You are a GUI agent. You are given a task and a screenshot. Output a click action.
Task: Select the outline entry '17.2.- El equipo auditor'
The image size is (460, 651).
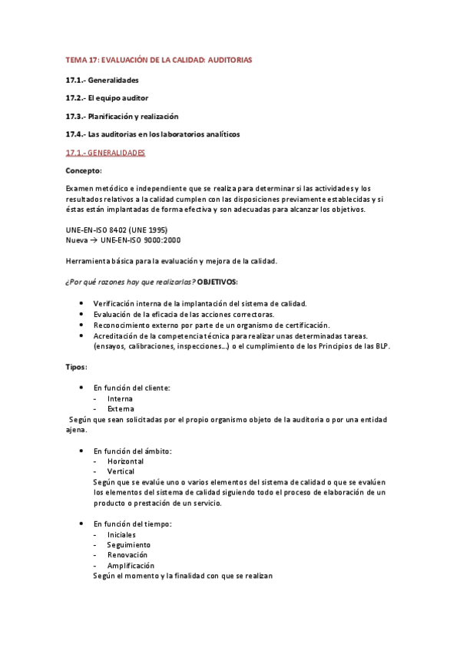[107, 98]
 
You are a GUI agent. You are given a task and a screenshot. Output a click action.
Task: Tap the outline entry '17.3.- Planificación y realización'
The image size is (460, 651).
[122, 116]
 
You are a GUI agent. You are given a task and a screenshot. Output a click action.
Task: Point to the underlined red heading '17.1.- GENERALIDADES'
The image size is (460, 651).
[105, 153]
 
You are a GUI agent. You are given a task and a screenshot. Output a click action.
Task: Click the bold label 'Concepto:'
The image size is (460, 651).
[84, 170]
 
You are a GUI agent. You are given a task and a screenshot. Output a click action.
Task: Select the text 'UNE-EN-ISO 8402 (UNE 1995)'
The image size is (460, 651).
[117, 230]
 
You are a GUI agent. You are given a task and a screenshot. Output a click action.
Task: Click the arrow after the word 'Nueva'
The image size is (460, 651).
[94, 240]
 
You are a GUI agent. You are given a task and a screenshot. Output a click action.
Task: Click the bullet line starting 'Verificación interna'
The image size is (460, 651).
[200, 303]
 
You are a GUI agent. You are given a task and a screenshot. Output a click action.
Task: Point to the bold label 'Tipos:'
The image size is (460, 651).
[77, 367]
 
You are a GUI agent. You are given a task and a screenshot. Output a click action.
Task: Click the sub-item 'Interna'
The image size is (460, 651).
[120, 398]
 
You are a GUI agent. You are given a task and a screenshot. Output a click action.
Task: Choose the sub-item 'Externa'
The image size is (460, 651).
[121, 409]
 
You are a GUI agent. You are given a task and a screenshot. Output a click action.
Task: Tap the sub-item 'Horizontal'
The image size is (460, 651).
[125, 461]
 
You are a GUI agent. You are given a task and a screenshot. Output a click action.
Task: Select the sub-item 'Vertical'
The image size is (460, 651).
[121, 471]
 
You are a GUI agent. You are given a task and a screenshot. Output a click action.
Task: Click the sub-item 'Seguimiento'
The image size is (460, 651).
[129, 544]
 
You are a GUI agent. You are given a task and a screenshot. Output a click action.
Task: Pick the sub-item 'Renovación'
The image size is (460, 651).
[127, 554]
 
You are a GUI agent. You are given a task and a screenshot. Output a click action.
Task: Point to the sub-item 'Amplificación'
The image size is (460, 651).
[131, 565]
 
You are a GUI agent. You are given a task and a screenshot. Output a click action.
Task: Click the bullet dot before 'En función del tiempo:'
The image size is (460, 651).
[81, 524]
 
